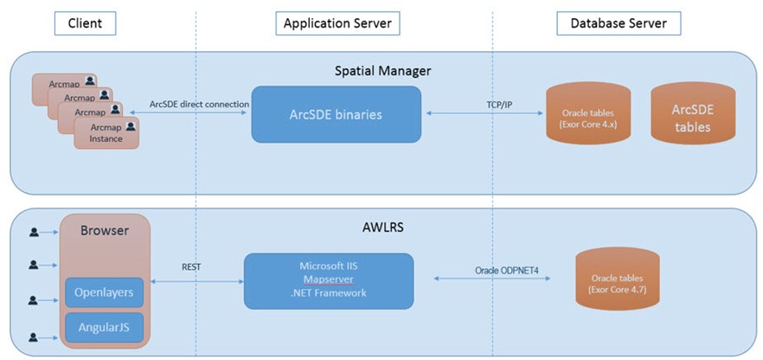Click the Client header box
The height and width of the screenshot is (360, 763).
(x=84, y=23)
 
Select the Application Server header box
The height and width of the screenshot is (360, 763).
(x=337, y=23)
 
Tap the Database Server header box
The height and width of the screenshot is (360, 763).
(x=619, y=23)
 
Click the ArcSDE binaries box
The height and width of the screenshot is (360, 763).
(x=336, y=114)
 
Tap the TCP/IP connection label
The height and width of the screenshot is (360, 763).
(x=499, y=104)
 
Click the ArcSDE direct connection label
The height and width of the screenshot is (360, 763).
(x=199, y=104)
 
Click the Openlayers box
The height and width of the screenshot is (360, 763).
(x=104, y=292)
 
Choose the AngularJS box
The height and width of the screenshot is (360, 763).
(x=104, y=328)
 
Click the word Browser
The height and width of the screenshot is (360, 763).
(x=104, y=231)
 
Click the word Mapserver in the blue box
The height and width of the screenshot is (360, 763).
(x=330, y=280)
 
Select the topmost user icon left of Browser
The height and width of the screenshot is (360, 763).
(x=35, y=232)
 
